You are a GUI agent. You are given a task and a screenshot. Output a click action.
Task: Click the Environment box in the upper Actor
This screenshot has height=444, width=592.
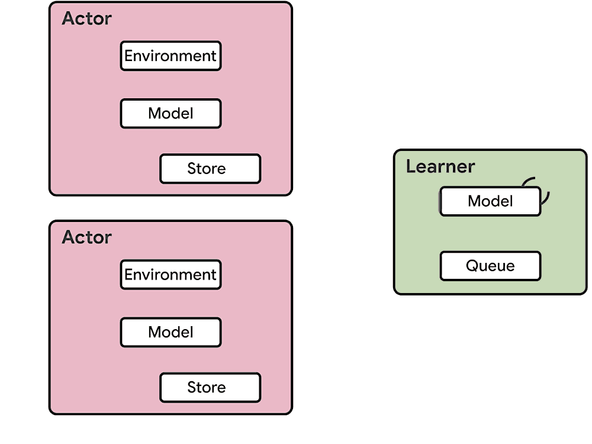pos(170,56)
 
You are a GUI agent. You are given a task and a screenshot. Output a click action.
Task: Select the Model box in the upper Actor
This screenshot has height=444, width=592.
pos(170,113)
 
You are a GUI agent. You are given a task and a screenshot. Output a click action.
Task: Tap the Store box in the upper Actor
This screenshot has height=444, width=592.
pos(210,168)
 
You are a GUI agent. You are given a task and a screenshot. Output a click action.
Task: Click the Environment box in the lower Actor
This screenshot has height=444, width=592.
pos(170,275)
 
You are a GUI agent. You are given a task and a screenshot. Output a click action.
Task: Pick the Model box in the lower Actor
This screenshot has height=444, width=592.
pos(170,332)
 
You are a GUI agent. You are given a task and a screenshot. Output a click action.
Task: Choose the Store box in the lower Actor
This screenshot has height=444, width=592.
pos(210,387)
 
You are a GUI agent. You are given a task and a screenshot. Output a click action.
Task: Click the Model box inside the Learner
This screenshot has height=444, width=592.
pos(490,201)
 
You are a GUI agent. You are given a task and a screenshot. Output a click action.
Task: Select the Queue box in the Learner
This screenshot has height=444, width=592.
pos(490,266)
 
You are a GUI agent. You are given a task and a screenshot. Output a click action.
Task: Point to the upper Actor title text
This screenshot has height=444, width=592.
pos(87,18)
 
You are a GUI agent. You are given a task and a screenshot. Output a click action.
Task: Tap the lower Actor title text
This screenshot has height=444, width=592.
pos(87,237)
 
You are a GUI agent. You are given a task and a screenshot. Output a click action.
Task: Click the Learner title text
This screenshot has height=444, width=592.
pos(440,166)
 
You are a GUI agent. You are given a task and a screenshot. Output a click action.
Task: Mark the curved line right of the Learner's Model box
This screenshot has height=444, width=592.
pos(546,198)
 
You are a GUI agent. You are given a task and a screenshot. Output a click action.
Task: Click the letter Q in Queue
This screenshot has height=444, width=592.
pos(472,266)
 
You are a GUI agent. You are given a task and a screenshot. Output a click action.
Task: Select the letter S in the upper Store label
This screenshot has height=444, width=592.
pos(192,168)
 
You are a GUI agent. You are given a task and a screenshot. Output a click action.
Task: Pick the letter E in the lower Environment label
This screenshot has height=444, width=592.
pos(128,275)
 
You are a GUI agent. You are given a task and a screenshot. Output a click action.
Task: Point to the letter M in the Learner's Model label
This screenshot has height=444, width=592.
pos(475,201)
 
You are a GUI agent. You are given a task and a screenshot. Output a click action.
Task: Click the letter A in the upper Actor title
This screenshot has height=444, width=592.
pos(69,18)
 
